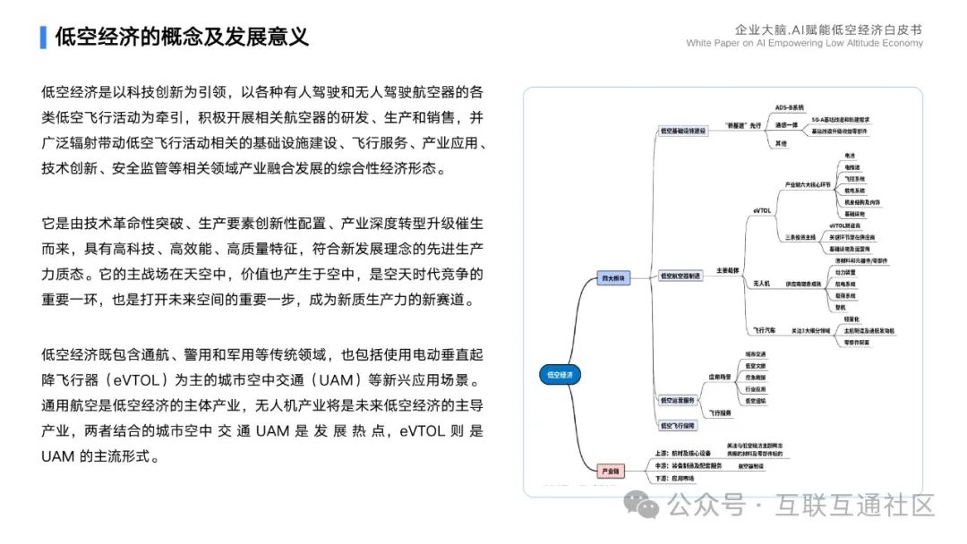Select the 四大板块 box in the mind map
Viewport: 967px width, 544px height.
pyautogui.click(x=615, y=278)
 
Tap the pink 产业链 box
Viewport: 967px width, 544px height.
pyautogui.click(x=610, y=470)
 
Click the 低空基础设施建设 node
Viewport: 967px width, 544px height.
pyautogui.click(x=683, y=131)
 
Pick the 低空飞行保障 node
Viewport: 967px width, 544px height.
pyautogui.click(x=678, y=425)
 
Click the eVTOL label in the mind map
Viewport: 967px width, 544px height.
pyautogui.click(x=762, y=210)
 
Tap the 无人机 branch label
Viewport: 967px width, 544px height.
pyautogui.click(x=762, y=283)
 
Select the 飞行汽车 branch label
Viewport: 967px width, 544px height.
pyautogui.click(x=763, y=331)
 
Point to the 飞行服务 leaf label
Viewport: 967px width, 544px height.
pyautogui.click(x=721, y=413)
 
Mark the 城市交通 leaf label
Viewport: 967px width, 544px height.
pyautogui.click(x=756, y=354)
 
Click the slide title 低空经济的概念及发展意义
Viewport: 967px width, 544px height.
pyautogui.click(x=182, y=37)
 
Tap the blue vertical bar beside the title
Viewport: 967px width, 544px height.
pyautogui.click(x=43, y=37)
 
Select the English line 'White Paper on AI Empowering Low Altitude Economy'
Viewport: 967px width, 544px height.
pyautogui.click(x=804, y=43)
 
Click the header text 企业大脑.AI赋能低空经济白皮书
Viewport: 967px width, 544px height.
pyautogui.click(x=828, y=29)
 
